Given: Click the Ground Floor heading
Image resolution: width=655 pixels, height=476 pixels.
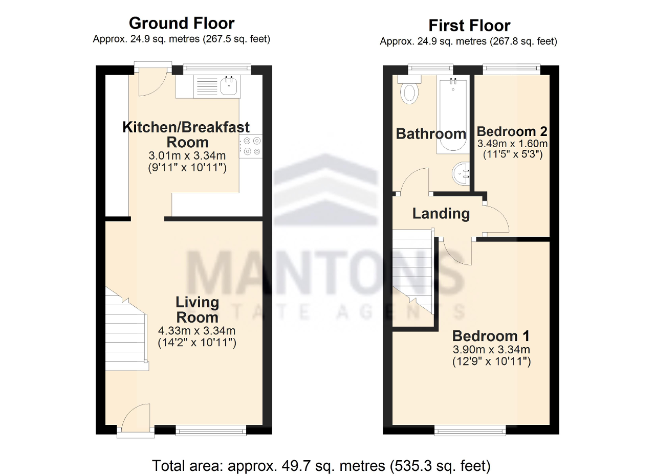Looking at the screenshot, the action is click(x=182, y=24).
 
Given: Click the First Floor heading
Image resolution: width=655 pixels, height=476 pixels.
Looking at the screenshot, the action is click(x=469, y=26).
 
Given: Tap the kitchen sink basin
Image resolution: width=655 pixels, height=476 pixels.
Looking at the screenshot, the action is click(x=229, y=85).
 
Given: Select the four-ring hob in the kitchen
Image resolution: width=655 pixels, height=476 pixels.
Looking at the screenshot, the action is click(x=251, y=146).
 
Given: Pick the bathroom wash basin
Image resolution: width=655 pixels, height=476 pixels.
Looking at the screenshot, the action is click(x=461, y=173).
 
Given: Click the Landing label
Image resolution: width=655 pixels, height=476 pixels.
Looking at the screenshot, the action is click(x=441, y=214).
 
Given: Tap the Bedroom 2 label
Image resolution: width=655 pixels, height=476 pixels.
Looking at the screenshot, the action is click(x=512, y=131).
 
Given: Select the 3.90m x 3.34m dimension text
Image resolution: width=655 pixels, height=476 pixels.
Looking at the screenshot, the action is click(x=491, y=350).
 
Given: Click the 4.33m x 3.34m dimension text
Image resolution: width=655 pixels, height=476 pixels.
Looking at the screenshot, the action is click(x=197, y=331).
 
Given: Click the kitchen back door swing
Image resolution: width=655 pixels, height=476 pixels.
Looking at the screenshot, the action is click(x=152, y=83).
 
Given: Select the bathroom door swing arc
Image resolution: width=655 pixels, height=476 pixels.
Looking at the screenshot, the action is click(x=414, y=180).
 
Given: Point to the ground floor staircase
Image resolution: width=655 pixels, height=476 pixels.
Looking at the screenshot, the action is click(x=126, y=330).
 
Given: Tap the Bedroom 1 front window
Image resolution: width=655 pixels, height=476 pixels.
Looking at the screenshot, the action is click(x=470, y=430).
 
